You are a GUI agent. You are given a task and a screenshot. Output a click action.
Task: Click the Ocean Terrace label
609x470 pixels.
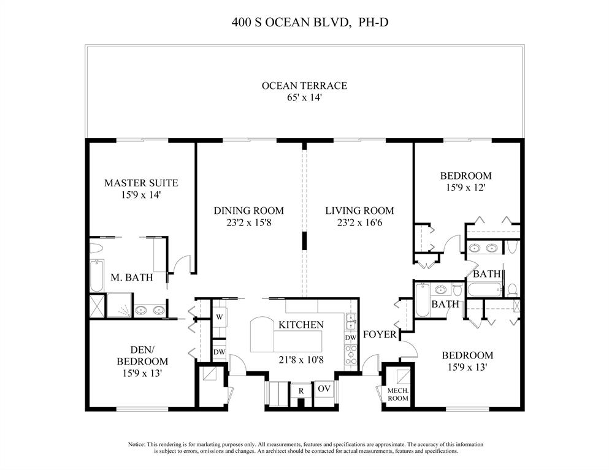pos(304,86)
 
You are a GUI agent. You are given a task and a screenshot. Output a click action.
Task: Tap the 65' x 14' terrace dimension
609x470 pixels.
pos(304,97)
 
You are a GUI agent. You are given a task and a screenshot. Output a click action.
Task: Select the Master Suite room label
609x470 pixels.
pos(141,183)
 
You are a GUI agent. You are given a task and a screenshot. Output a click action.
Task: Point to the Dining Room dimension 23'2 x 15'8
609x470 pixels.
pos(248,223)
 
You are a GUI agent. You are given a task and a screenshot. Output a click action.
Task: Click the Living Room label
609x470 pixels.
pos(359,211)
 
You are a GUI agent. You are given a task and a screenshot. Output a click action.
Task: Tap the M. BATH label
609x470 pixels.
pos(128,278)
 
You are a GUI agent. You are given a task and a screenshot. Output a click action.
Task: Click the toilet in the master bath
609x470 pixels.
pos(96,248)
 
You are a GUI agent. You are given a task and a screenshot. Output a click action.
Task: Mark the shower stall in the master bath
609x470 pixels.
pos(120,305)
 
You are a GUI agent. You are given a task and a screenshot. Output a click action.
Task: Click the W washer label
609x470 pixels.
pos(219,317)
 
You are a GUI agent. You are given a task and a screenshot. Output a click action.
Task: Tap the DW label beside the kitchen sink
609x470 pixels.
pos(350,338)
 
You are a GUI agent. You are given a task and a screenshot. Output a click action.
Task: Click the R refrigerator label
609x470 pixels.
pos(301,390)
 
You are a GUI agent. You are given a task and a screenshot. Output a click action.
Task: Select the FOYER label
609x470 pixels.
pos(377,335)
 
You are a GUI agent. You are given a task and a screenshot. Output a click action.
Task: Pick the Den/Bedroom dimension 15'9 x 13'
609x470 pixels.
pos(142,373)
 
